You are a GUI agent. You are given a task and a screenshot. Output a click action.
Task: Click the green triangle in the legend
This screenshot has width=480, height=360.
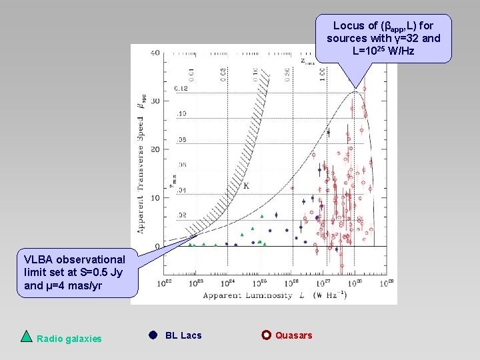point(26,336)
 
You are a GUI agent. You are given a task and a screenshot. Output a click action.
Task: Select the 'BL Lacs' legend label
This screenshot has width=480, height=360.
point(183,335)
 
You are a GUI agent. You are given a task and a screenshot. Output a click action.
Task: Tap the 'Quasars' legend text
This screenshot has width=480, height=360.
point(293,335)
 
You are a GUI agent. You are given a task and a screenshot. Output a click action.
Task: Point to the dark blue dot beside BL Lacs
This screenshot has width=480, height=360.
point(153,335)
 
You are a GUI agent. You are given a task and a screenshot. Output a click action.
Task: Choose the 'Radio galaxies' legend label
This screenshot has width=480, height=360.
point(69,339)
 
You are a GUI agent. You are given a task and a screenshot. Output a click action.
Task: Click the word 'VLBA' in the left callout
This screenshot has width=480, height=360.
point(38,259)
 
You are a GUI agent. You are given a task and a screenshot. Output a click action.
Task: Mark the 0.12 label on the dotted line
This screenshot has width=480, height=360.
point(181,89)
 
